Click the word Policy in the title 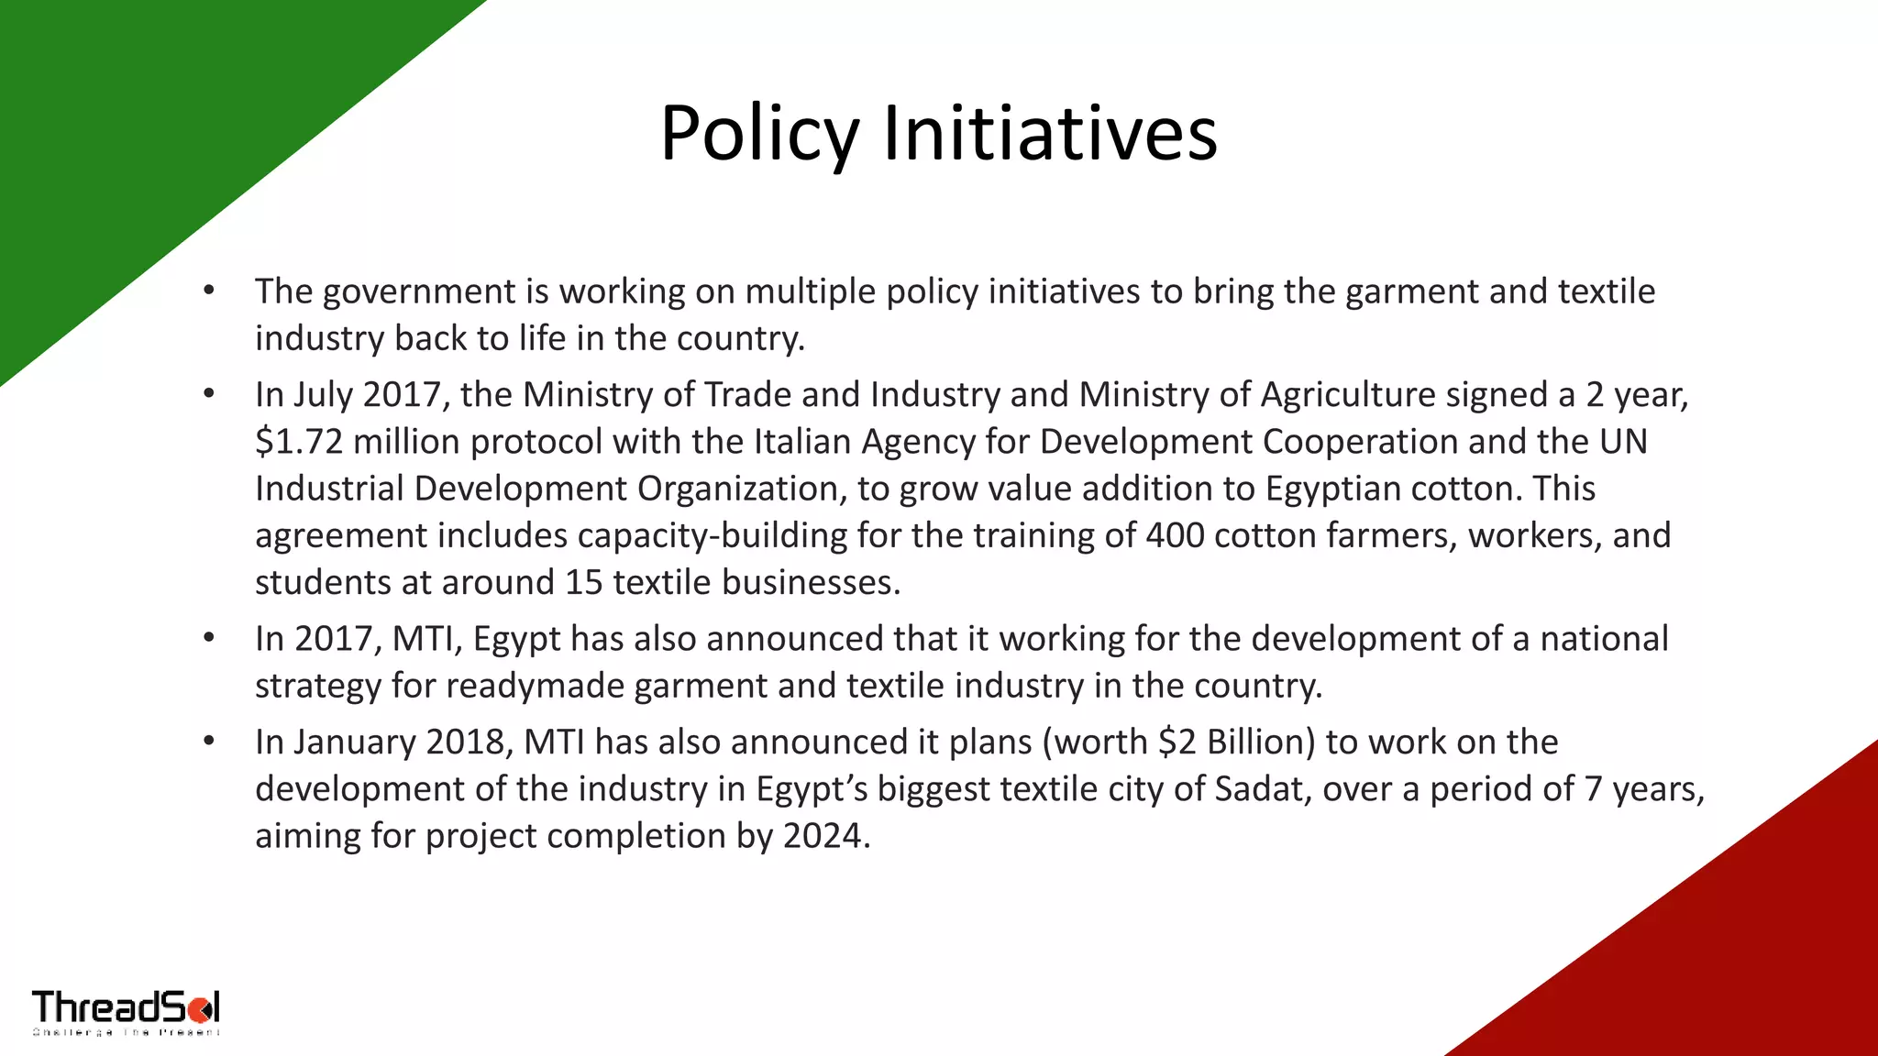pyautogui.click(x=759, y=135)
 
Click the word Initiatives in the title pyautogui.click(x=1050, y=135)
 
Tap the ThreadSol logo pyautogui.click(x=126, y=1012)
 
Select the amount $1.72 pyautogui.click(x=299, y=442)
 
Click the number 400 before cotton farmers pyautogui.click(x=1175, y=535)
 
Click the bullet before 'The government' pyautogui.click(x=209, y=291)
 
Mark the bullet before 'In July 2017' pyautogui.click(x=209, y=395)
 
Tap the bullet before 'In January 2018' pyautogui.click(x=209, y=742)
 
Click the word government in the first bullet pyautogui.click(x=418, y=291)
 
